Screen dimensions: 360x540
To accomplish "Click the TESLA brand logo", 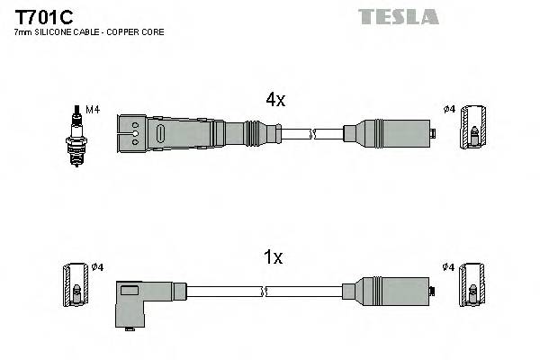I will [x=398, y=16].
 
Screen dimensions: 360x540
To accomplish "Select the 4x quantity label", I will [x=274, y=101].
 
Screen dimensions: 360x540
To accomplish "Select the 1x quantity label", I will [x=274, y=257].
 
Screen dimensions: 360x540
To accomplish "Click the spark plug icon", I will [x=77, y=134].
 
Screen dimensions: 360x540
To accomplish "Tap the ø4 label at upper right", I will [x=449, y=111].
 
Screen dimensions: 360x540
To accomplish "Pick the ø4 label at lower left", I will [x=98, y=267].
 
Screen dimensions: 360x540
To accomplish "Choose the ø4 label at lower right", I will [x=448, y=267].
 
